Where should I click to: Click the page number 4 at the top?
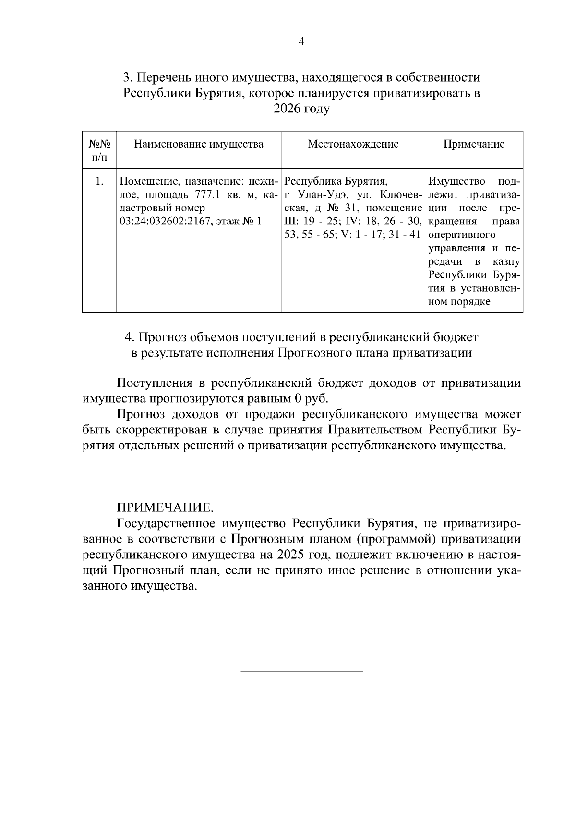tap(301, 42)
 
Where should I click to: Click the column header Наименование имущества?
tap(198, 144)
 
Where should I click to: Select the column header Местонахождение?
tap(353, 144)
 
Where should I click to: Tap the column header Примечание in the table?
tap(473, 144)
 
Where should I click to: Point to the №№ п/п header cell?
tap(99, 150)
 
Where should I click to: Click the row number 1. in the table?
tap(99, 182)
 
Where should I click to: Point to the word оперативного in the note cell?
tap(461, 235)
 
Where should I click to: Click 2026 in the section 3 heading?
tap(287, 109)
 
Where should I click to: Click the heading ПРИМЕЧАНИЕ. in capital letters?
tap(165, 507)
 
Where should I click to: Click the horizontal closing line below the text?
tap(301, 671)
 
